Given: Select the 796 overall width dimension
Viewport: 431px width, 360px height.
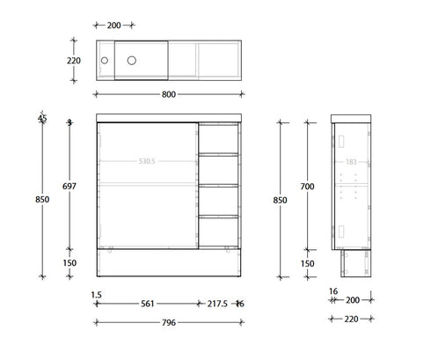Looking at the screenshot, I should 169,322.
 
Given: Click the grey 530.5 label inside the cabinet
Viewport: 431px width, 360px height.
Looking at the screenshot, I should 147,161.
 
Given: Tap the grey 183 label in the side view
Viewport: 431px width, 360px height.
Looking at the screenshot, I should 352,161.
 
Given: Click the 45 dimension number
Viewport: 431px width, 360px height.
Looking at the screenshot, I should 41,120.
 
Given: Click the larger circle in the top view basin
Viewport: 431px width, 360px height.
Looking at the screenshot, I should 133,61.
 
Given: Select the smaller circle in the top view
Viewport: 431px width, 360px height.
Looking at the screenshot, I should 104,61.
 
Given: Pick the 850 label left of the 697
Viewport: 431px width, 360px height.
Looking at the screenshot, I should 41,199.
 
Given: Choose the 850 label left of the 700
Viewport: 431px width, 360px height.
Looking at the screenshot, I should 281,199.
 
